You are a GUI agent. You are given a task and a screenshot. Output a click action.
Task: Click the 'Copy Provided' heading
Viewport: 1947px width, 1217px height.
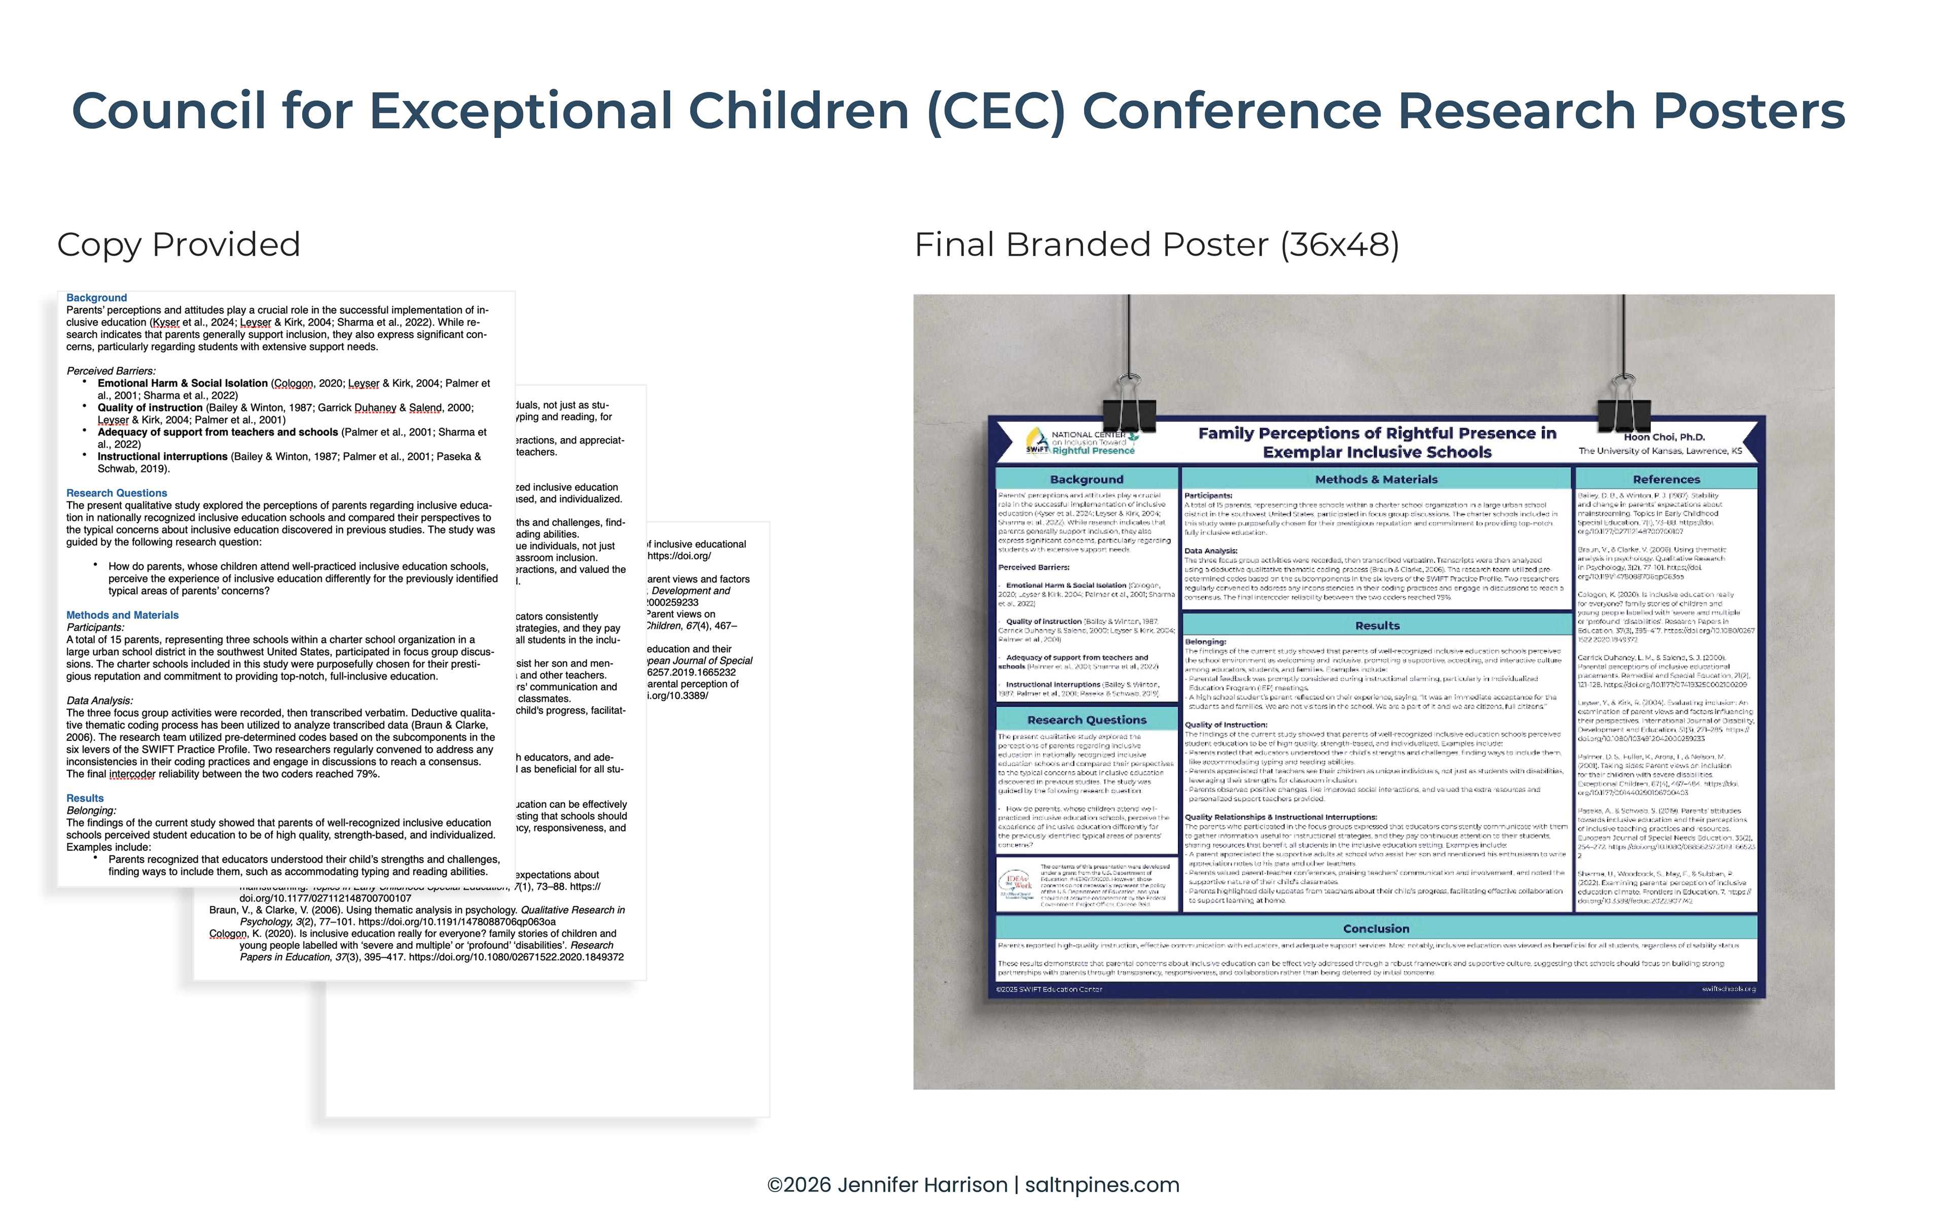(x=178, y=245)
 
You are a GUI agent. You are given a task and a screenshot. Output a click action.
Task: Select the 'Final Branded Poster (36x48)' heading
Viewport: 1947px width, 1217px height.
(x=1156, y=245)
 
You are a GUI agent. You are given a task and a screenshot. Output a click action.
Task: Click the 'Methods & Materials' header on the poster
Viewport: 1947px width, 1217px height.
(x=1376, y=479)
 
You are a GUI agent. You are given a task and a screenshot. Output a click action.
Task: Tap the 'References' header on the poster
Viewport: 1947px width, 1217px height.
(x=1666, y=479)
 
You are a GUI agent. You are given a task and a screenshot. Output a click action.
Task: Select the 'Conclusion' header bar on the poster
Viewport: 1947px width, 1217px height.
(x=1376, y=928)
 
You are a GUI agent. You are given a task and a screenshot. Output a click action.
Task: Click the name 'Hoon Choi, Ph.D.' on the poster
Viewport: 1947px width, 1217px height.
(x=1664, y=437)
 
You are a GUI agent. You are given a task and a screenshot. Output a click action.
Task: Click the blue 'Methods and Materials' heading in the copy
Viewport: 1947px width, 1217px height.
(x=122, y=615)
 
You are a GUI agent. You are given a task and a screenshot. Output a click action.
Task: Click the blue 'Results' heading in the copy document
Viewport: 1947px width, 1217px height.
(x=85, y=799)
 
